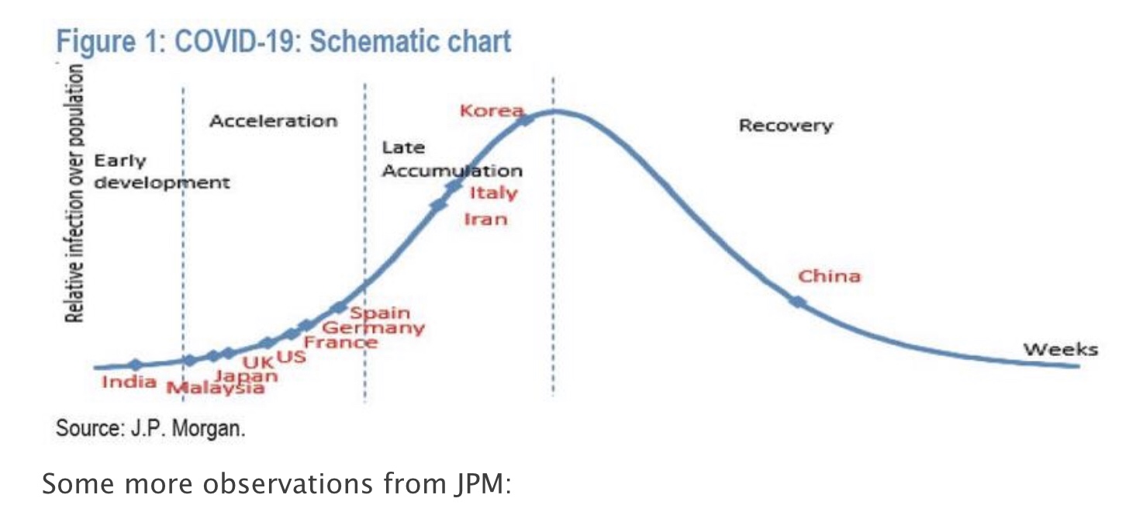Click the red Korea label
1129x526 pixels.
pyautogui.click(x=491, y=110)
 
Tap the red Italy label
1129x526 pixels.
pyautogui.click(x=492, y=192)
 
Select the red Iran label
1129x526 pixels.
pyautogui.click(x=485, y=219)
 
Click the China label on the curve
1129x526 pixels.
pyautogui.click(x=829, y=276)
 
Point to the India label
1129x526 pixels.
pyautogui.click(x=129, y=382)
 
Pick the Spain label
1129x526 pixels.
pyautogui.click(x=379, y=313)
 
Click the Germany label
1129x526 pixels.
pyautogui.click(x=378, y=328)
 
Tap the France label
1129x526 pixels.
pyautogui.click(x=340, y=342)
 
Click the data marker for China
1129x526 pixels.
pyautogui.click(x=798, y=302)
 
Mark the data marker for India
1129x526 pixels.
pyautogui.click(x=135, y=365)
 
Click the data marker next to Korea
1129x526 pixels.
pyautogui.click(x=526, y=119)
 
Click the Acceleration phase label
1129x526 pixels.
pyautogui.click(x=274, y=121)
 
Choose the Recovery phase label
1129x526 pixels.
pyautogui.click(x=785, y=126)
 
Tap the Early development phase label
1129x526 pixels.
pyautogui.click(x=161, y=172)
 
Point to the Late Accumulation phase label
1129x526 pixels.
pyautogui.click(x=451, y=159)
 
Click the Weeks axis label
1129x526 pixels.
pyautogui.click(x=1060, y=349)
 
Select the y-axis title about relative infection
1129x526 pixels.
pyautogui.click(x=74, y=194)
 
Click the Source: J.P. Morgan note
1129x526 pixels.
pyautogui.click(x=150, y=428)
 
